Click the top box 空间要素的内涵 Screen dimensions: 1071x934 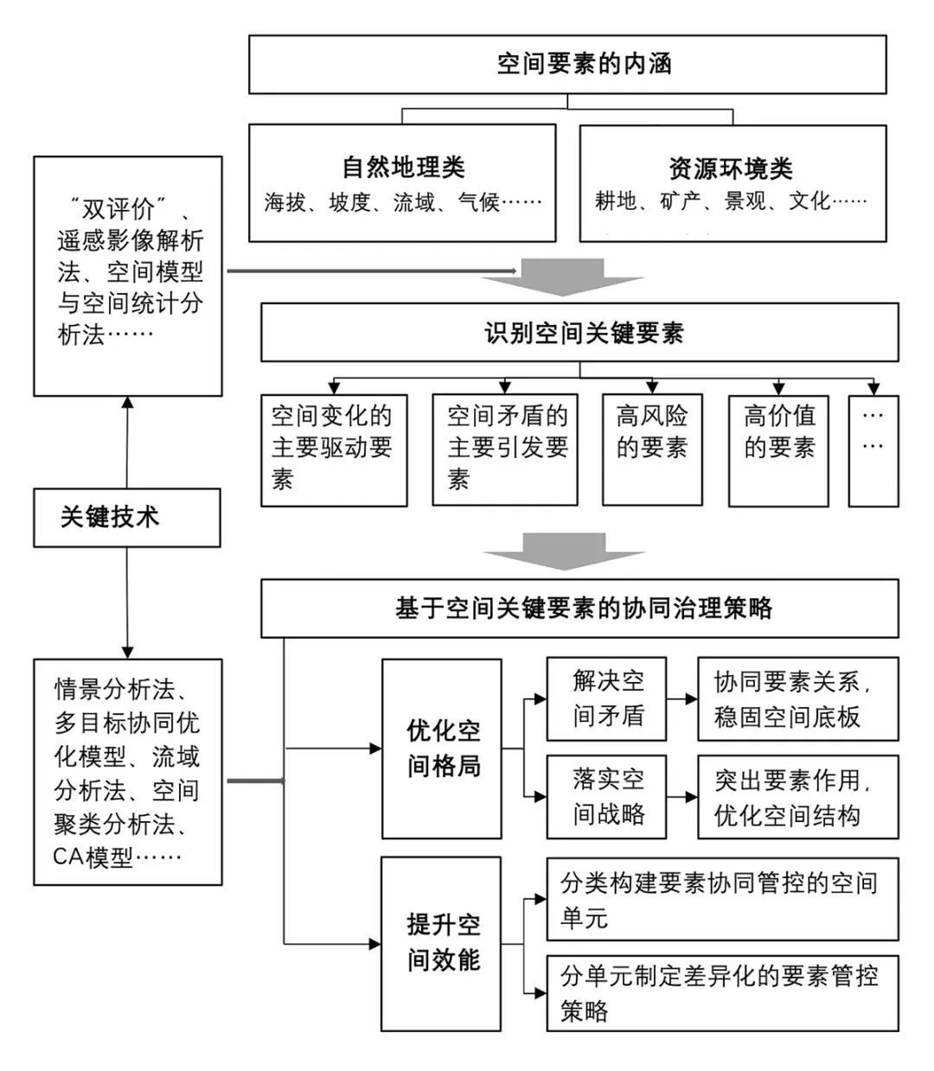click(x=567, y=64)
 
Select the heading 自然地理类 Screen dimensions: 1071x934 click(x=403, y=167)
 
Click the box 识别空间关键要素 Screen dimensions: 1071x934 click(x=579, y=332)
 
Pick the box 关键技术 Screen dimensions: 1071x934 click(x=126, y=518)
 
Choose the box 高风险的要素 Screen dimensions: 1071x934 click(x=652, y=449)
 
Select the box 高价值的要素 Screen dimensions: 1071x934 click(x=778, y=449)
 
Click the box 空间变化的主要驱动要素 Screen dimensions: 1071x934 click(x=334, y=449)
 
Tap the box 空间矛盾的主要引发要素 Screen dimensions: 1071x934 click(x=505, y=449)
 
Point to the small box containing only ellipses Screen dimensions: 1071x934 click(x=873, y=449)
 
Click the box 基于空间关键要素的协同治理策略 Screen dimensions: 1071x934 click(x=579, y=609)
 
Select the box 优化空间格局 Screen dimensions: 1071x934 click(x=442, y=749)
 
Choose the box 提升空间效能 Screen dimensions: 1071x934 click(x=442, y=943)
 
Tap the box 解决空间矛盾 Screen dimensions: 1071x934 click(x=606, y=698)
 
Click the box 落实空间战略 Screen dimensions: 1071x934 click(x=606, y=796)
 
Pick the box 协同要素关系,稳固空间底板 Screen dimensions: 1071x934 click(x=797, y=698)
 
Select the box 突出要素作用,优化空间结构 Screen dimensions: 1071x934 click(x=797, y=796)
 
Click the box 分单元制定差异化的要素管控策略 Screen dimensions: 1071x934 click(x=722, y=992)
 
